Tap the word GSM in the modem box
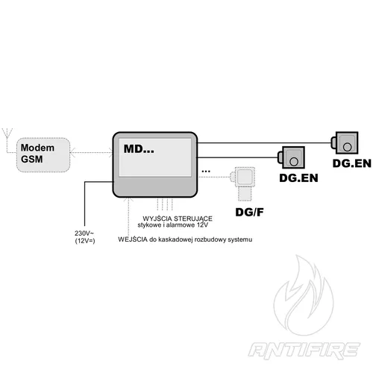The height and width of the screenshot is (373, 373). tap(33, 159)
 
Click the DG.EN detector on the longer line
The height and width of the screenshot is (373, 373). tap(346, 141)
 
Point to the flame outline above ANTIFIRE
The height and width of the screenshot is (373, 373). tap(305, 295)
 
